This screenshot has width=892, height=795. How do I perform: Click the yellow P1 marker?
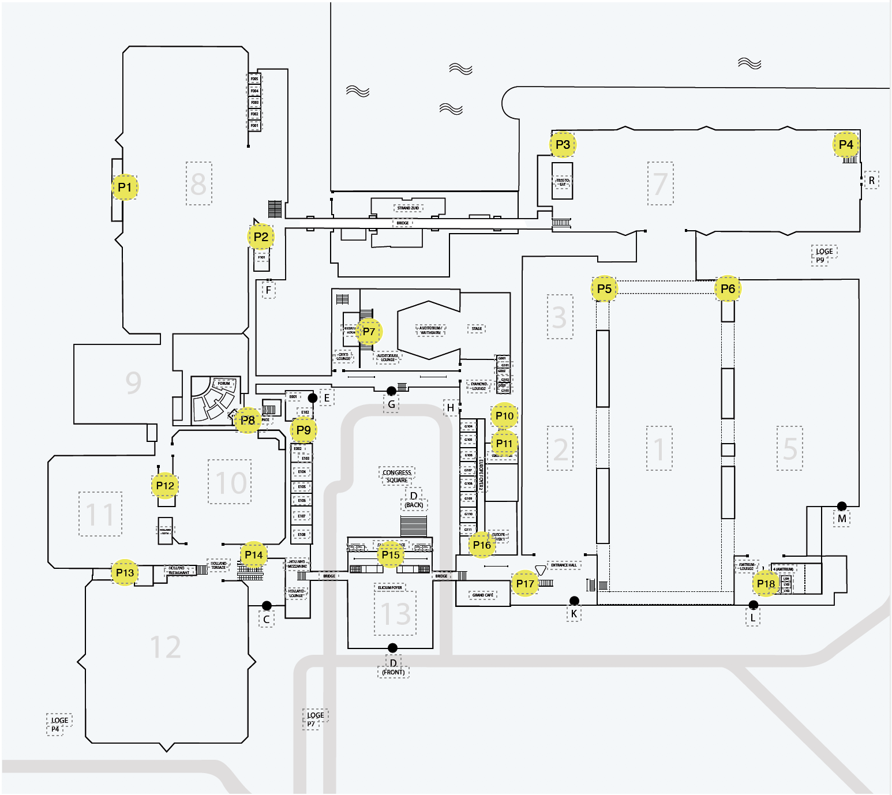click(125, 187)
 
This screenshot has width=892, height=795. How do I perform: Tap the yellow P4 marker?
click(846, 144)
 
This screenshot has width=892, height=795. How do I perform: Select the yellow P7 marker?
click(369, 332)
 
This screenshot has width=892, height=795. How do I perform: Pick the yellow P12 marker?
click(165, 486)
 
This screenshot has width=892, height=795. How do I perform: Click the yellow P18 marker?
click(766, 584)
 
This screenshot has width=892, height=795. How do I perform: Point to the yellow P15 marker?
click(391, 555)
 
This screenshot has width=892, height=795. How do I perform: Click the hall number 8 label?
click(198, 183)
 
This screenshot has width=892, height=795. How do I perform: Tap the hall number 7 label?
click(660, 183)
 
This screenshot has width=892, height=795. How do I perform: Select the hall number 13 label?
click(396, 614)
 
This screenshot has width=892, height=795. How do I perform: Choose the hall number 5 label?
click(789, 448)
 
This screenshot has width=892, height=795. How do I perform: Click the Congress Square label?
click(397, 476)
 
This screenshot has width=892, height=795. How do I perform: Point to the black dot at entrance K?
click(574, 601)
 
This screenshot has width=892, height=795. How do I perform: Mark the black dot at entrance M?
click(842, 506)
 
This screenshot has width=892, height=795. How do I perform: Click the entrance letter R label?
click(871, 181)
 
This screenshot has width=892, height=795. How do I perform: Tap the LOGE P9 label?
click(823, 255)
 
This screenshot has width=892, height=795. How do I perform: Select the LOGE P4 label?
click(59, 724)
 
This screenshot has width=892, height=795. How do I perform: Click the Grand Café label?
click(483, 595)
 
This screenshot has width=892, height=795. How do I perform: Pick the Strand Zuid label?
click(408, 208)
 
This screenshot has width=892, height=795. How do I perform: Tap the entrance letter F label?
click(268, 290)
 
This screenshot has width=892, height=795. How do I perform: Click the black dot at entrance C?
click(267, 605)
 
